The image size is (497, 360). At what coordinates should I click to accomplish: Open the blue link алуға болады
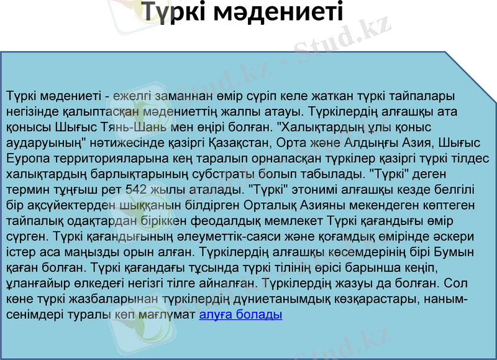(240, 315)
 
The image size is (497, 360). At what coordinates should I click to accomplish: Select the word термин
(25, 188)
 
